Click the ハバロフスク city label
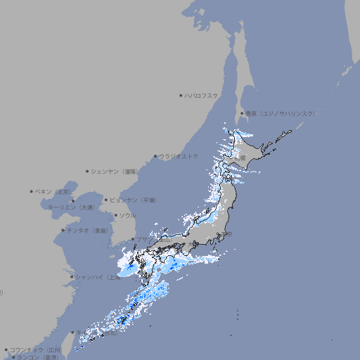tap(202, 95)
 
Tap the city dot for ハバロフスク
tap(181, 95)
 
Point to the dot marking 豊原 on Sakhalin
tap(242, 113)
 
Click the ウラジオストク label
tap(179, 156)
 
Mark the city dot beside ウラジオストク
tap(155, 156)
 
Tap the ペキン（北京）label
tap(55, 191)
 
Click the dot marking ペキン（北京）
tap(32, 191)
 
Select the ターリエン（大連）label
tap(70, 207)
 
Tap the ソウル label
tap(127, 215)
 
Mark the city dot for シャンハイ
tap(72, 277)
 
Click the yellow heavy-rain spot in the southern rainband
tap(122, 320)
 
